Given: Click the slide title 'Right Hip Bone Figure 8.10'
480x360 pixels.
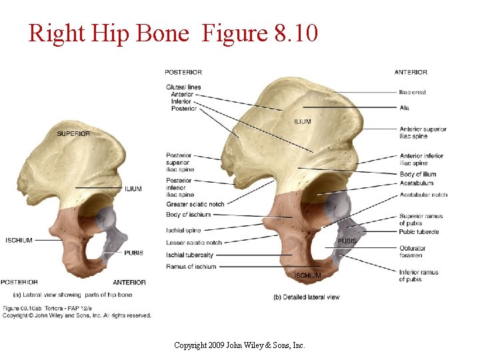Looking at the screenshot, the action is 173,32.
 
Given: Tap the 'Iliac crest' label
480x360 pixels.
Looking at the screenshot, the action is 413,92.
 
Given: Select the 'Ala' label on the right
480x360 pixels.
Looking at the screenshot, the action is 404,108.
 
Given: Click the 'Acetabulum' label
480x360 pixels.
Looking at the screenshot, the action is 416,183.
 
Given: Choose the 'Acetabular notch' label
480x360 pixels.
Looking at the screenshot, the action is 423,195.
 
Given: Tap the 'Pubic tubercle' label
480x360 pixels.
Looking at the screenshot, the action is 419,232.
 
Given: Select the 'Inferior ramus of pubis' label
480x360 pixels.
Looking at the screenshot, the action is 419,275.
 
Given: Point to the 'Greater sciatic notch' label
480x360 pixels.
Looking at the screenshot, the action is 195,204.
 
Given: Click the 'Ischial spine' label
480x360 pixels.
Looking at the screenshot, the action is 184,230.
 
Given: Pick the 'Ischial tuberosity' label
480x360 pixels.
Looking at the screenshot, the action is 190,255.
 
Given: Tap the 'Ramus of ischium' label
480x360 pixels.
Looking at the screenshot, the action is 191,267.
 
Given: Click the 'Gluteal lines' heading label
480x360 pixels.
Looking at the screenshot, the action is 183,87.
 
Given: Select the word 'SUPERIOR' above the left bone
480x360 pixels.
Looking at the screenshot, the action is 73,133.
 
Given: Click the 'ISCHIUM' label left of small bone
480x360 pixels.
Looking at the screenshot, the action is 19,240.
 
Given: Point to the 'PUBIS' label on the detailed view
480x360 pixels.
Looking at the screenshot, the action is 347,241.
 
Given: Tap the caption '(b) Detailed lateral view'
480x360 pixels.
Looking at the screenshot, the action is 306,297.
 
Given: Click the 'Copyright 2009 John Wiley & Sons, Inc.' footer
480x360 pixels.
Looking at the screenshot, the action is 239,345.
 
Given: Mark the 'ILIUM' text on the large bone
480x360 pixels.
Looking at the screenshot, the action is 302,121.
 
